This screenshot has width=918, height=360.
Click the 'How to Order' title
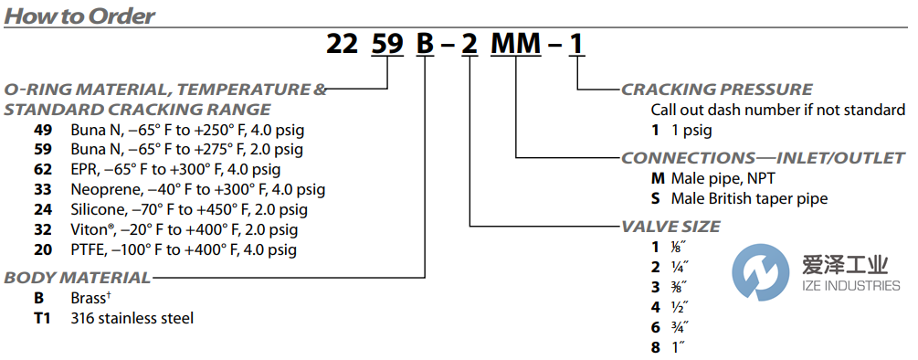(79, 16)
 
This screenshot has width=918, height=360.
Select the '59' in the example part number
(390, 44)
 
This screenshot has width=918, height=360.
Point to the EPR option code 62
(42, 169)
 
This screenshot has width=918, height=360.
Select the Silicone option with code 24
(42, 209)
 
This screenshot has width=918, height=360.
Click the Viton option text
(183, 229)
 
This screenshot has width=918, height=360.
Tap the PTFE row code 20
(42, 249)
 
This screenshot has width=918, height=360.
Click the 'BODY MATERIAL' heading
(77, 277)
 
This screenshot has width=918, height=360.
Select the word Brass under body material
(93, 298)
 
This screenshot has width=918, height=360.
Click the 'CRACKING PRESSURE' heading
(716, 90)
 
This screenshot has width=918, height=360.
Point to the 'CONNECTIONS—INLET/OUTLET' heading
(763, 158)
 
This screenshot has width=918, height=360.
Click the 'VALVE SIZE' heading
(670, 226)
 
